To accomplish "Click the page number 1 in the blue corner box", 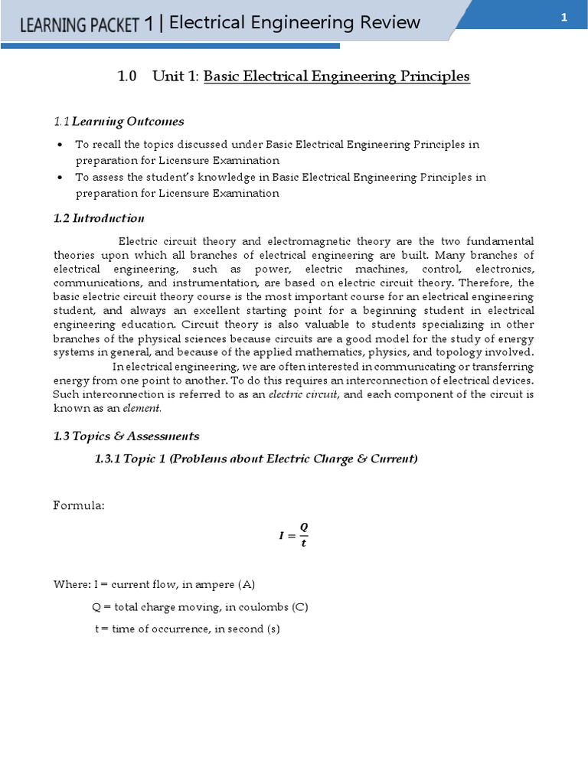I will pyautogui.click(x=563, y=18).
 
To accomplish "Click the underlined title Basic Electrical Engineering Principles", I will pyautogui.click(x=337, y=77).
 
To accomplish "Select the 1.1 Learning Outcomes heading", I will pyautogui.click(x=119, y=121).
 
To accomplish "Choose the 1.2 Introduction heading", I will pyautogui.click(x=99, y=218).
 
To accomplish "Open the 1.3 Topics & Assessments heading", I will pyautogui.click(x=126, y=436).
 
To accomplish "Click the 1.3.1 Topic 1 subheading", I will pyautogui.click(x=256, y=459).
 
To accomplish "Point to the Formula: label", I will pyautogui.click(x=78, y=505).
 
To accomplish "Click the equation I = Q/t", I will pyautogui.click(x=294, y=535).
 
